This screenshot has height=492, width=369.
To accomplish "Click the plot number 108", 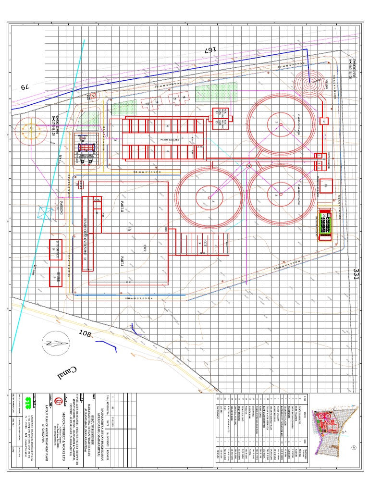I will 85,333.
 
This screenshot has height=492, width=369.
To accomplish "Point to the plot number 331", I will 356,275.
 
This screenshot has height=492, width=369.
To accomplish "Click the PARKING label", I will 62,210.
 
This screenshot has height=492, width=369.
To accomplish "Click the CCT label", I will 204,243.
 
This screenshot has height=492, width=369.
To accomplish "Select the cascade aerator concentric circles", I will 309,82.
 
